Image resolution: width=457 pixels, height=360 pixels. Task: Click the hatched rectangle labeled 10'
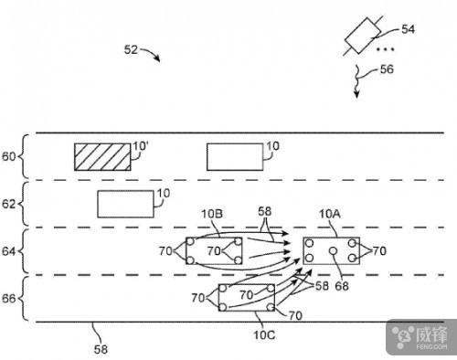click(102, 157)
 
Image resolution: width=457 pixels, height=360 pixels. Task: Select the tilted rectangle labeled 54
click(363, 36)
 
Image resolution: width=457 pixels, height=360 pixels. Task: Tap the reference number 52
click(131, 49)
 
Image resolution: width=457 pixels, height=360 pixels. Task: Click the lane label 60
click(8, 156)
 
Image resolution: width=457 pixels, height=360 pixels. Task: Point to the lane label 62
click(8, 204)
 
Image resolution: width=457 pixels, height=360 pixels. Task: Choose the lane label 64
click(8, 251)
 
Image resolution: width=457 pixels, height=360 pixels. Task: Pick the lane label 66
click(8, 299)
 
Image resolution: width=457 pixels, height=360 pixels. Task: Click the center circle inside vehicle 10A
click(334, 251)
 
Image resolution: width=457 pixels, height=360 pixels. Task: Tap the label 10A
click(330, 214)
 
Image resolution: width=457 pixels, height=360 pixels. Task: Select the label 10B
click(212, 214)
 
